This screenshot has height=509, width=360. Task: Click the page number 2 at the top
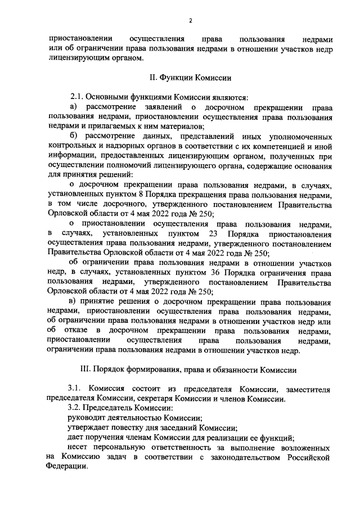pos(191,20)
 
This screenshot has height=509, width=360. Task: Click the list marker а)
pos(73,107)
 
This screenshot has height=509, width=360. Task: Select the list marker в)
pos(73,301)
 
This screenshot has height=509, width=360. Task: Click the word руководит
pos(87,418)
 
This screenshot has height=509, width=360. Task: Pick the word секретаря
pos(161,399)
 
